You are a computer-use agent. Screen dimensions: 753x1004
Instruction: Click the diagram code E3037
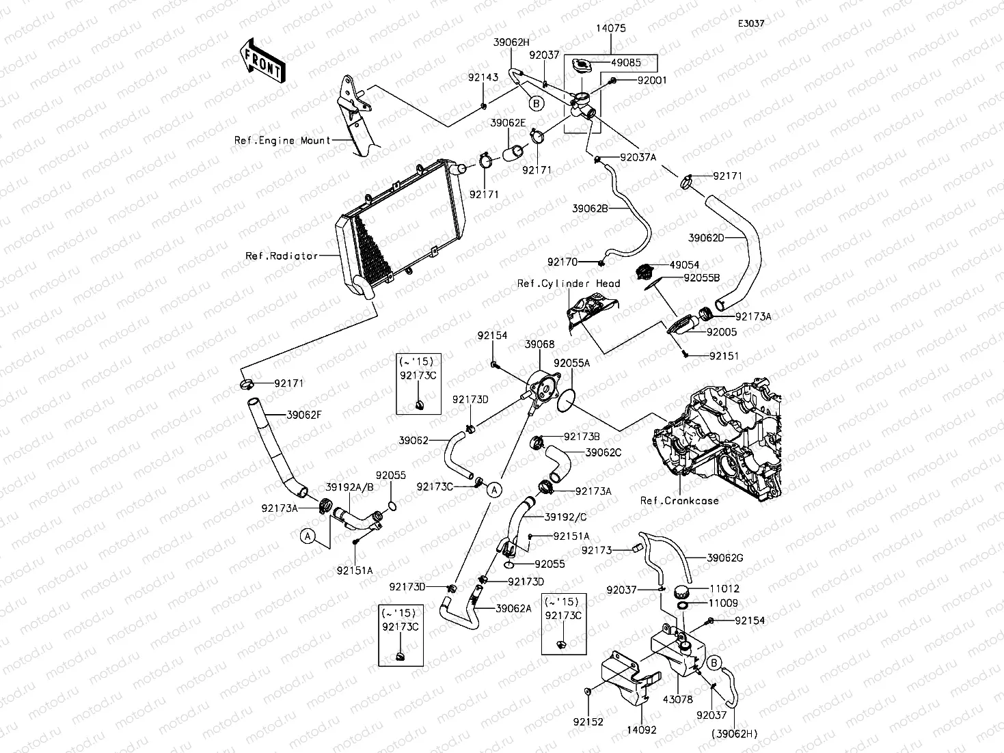click(750, 23)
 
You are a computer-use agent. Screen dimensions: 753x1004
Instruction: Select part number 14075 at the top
click(610, 29)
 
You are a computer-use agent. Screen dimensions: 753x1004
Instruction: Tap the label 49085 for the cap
click(625, 62)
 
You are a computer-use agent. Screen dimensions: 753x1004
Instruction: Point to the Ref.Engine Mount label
click(283, 141)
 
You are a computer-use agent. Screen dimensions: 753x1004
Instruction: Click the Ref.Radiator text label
click(282, 256)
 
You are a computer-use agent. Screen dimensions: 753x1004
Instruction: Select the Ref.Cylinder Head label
click(569, 284)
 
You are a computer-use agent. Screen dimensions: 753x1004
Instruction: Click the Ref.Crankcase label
click(679, 501)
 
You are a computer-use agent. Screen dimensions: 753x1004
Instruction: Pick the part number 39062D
click(706, 238)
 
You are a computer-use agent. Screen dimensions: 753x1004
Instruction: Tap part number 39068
click(539, 345)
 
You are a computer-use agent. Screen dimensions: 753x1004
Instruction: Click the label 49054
click(684, 265)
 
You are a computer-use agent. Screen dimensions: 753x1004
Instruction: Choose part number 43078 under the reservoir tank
click(678, 700)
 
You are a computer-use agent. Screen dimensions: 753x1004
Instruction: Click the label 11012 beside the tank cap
click(724, 589)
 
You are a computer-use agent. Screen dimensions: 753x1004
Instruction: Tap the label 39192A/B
click(349, 488)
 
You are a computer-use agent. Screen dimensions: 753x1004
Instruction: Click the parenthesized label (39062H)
click(734, 734)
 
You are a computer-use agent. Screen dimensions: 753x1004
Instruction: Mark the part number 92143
click(483, 78)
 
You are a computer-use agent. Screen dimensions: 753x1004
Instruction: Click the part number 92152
click(588, 722)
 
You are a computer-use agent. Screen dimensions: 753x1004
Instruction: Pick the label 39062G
click(724, 558)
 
